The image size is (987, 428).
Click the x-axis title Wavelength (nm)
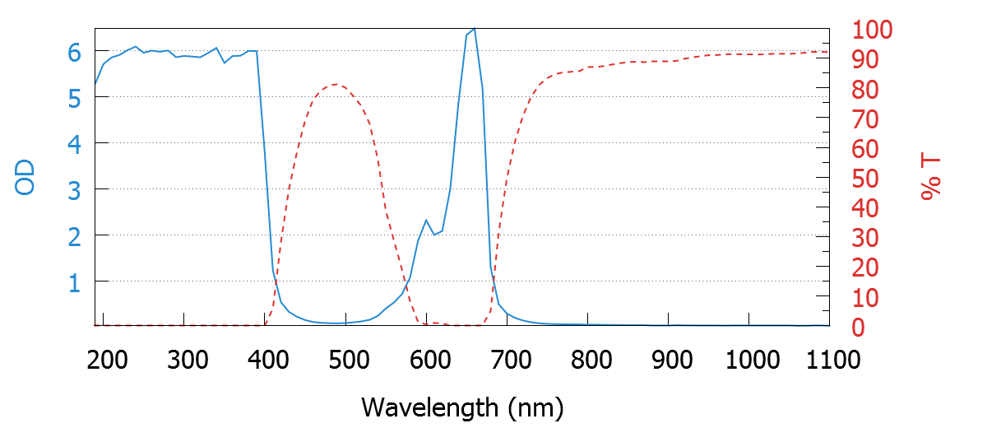(x=462, y=407)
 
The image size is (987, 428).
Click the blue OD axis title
(x=26, y=178)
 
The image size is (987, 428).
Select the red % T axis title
(x=931, y=178)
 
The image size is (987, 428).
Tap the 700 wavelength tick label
(x=507, y=360)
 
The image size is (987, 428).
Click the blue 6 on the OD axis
(x=74, y=52)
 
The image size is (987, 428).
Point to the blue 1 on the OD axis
(x=74, y=282)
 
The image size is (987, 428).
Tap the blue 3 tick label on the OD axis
(x=74, y=190)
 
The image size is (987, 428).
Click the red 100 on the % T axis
(x=873, y=30)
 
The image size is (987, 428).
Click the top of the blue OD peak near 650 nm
(x=474, y=29)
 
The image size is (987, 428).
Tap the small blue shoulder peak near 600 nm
(x=426, y=220)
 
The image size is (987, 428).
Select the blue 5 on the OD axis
(x=74, y=98)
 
